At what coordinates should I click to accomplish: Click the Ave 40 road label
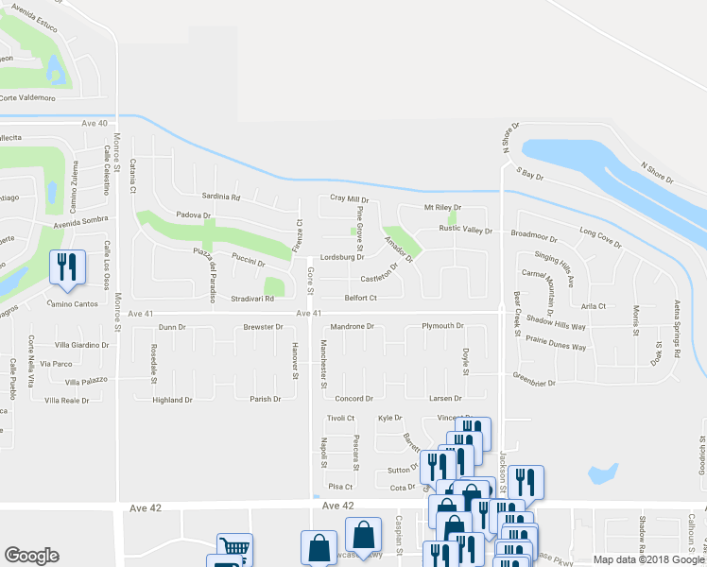point(95,123)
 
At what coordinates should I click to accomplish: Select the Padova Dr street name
point(193,215)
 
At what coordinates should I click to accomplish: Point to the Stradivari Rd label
point(252,299)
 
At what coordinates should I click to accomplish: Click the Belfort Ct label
point(360,298)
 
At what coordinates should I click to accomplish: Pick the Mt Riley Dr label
point(441,207)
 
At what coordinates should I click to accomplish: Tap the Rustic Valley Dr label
point(465,230)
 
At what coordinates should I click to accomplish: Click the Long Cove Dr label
point(600,237)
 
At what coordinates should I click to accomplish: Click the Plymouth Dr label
point(442,326)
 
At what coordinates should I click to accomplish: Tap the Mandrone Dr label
point(352,326)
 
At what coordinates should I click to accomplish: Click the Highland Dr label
point(172,400)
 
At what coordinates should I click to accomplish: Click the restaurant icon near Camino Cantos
point(65,267)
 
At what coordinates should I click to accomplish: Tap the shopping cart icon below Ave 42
point(234,548)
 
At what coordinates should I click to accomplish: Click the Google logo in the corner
point(31,556)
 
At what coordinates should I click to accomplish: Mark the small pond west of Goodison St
point(601,473)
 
